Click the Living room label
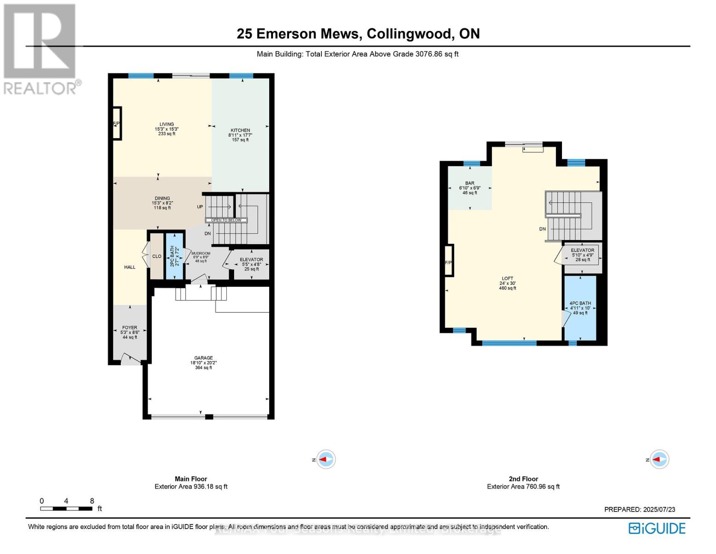click(166, 129)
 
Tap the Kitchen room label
click(240, 135)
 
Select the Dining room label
click(162, 203)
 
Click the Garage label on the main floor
click(203, 362)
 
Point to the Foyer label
click(130, 332)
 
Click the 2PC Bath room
click(174, 256)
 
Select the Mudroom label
click(201, 257)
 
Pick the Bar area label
click(469, 188)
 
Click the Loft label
click(507, 283)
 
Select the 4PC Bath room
click(580, 308)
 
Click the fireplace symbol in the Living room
click(117, 123)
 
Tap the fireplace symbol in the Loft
click(448, 261)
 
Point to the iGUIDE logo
click(657, 528)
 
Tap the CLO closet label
click(157, 256)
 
